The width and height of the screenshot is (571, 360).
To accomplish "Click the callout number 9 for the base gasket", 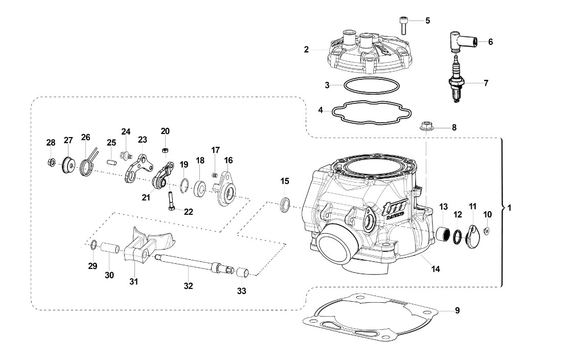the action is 458,310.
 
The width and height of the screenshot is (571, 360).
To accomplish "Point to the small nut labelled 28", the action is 51,162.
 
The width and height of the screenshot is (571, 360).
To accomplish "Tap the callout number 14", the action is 436,269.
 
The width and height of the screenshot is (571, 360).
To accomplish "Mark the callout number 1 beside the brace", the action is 509,208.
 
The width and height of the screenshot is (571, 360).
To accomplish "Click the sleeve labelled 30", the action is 110,249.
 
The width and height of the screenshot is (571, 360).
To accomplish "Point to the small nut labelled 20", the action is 165,150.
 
